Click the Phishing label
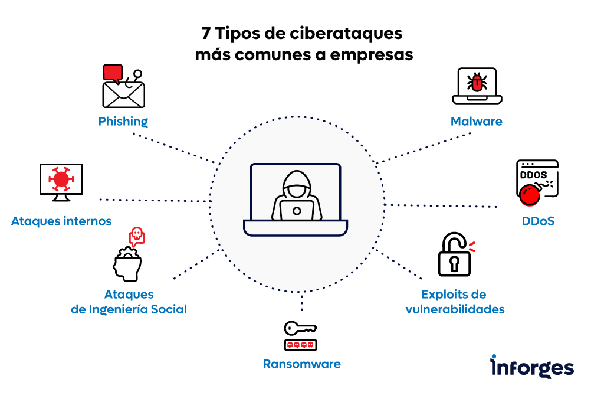(123, 122)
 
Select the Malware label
(476, 122)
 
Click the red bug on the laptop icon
(477, 82)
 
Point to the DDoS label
(538, 222)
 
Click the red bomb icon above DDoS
(530, 194)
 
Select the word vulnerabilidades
(455, 309)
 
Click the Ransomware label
(301, 364)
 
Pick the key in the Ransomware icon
(300, 328)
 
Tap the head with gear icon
(127, 264)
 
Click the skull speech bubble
(137, 236)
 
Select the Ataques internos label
(61, 222)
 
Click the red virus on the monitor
(61, 178)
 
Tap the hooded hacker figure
(296, 197)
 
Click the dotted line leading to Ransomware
(301, 303)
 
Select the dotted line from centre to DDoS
(442, 206)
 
